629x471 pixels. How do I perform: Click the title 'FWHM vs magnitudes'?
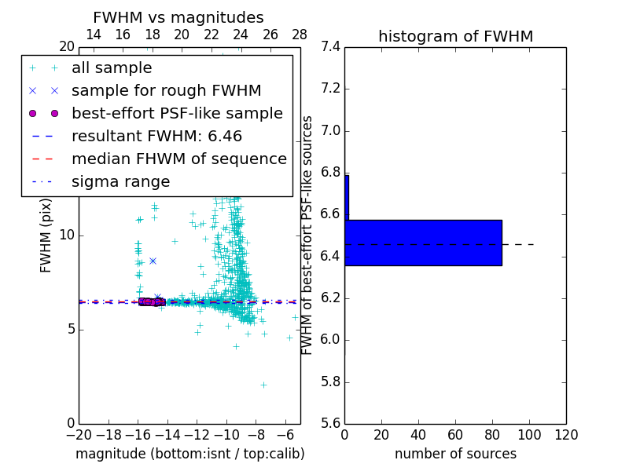click(178, 17)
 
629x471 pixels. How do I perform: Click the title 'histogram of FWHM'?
click(455, 36)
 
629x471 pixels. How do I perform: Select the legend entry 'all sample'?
click(112, 68)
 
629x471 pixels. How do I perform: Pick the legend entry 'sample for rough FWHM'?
click(166, 91)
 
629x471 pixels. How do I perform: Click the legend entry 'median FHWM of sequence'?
click(178, 159)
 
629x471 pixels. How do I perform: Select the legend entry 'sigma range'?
click(120, 181)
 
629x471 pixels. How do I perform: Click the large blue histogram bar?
click(423, 243)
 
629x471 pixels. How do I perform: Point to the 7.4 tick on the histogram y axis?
click(331, 47)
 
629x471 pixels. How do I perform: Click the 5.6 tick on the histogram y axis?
click(331, 424)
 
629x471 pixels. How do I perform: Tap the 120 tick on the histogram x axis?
click(566, 436)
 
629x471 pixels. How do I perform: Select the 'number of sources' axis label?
click(455, 454)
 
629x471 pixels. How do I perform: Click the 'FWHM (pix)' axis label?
click(46, 235)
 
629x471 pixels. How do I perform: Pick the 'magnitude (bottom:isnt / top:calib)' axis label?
click(189, 454)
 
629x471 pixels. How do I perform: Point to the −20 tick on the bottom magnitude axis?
click(79, 436)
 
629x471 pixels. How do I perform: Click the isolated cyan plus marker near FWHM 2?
click(263, 385)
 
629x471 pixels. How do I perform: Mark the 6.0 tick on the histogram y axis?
click(331, 340)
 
